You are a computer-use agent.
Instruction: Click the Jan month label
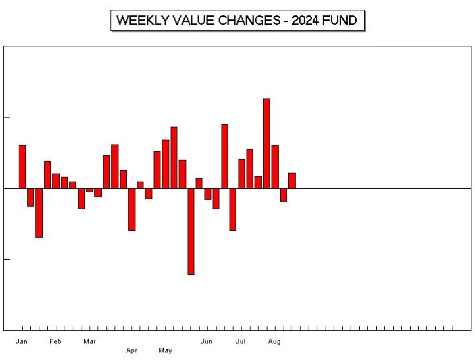(x=21, y=342)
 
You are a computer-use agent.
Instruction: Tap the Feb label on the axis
(x=55, y=342)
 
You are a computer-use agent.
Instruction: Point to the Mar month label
(x=89, y=342)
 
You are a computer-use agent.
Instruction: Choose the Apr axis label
(x=132, y=350)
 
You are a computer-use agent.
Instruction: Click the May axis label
(x=165, y=350)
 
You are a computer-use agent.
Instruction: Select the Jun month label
(x=207, y=342)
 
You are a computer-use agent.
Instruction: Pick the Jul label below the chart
(x=241, y=342)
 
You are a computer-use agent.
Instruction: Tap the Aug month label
(x=274, y=342)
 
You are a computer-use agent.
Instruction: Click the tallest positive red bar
(x=266, y=143)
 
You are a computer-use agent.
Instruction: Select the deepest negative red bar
(x=191, y=231)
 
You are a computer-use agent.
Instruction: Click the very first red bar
(x=22, y=166)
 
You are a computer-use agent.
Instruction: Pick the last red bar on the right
(x=292, y=180)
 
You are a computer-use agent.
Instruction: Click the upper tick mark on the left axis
(x=5, y=118)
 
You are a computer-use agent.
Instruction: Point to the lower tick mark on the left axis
(x=5, y=260)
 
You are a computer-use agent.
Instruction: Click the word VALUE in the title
(x=191, y=21)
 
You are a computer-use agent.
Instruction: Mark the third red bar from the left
(x=39, y=213)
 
